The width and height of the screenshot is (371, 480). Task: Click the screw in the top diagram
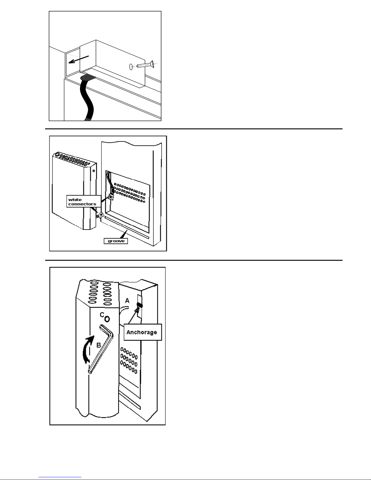click(x=145, y=65)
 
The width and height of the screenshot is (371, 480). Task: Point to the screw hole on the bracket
click(x=131, y=67)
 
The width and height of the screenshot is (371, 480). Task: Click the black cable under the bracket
click(x=88, y=97)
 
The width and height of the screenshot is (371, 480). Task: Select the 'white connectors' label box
click(x=84, y=201)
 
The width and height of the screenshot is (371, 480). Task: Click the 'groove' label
click(x=116, y=241)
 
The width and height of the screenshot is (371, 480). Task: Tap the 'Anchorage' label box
click(x=143, y=332)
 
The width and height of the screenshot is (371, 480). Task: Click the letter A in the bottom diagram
click(x=127, y=300)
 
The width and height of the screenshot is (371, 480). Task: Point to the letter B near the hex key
click(x=99, y=345)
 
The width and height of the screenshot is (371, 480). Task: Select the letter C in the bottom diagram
click(x=102, y=315)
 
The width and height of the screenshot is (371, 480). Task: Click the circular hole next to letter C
click(x=107, y=319)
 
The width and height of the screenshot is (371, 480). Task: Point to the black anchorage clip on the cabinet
click(x=140, y=305)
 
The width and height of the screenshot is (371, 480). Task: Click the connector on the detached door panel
click(x=101, y=215)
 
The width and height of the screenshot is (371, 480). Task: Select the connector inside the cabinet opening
click(x=111, y=196)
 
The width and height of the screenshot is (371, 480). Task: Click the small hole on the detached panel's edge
click(x=94, y=171)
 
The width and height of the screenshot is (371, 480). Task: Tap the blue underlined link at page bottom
click(x=60, y=477)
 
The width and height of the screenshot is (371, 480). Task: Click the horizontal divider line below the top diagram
click(x=194, y=129)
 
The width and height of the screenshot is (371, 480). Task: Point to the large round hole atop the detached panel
click(x=58, y=154)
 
